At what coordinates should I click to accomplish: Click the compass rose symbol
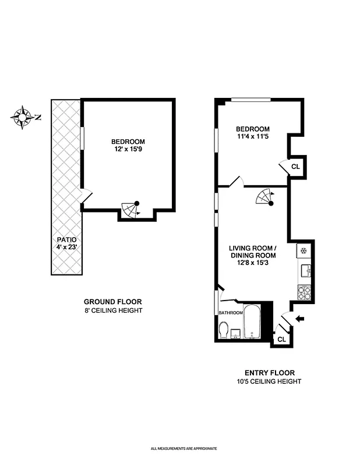tap(23, 117)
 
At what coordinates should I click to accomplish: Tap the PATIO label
tap(66, 239)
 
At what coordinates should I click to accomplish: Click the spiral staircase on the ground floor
tap(131, 209)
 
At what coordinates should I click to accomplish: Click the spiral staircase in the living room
tap(265, 198)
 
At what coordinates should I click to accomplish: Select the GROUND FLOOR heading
tap(112, 302)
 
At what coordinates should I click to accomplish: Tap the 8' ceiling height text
tap(112, 310)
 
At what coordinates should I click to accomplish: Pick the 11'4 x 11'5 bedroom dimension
tap(252, 137)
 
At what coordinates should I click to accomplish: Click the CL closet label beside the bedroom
tap(295, 166)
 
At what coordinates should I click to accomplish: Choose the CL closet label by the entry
tap(281, 339)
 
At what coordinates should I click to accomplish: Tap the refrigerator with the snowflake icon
tap(303, 250)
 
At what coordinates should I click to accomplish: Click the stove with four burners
tap(304, 290)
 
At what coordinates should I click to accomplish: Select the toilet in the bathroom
tap(223, 331)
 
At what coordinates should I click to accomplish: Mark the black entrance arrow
tap(299, 318)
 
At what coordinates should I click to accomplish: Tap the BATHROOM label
tap(231, 313)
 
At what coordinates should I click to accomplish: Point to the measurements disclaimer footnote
tap(183, 449)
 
